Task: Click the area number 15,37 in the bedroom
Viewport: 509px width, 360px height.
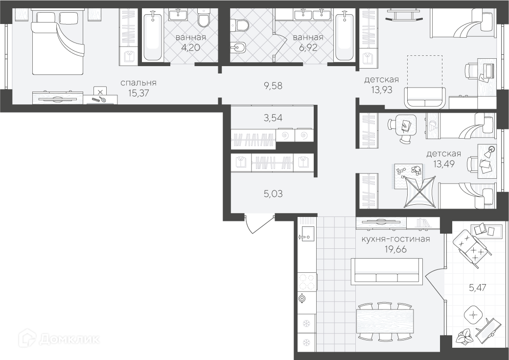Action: point(139,93)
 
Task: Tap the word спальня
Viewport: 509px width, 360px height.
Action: point(139,83)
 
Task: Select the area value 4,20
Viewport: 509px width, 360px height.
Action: point(190,48)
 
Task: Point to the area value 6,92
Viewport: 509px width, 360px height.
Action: point(308,48)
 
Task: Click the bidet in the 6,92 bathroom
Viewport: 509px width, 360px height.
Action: point(238,48)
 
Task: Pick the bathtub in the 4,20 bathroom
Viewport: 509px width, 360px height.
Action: point(153,36)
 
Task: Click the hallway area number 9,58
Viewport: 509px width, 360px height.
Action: point(273,86)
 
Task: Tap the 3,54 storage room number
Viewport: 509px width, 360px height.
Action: point(273,118)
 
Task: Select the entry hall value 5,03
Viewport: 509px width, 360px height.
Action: point(273,194)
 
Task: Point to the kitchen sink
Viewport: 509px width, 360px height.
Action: point(306,233)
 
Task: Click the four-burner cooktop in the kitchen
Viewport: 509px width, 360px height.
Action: point(307,282)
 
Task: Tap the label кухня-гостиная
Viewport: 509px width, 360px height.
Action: point(395,240)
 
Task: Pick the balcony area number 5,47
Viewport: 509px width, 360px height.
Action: point(475,287)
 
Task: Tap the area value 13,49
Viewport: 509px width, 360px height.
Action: point(444,164)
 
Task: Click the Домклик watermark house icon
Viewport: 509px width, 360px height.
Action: point(27,339)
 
